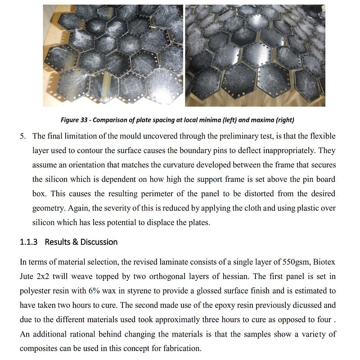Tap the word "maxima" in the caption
click(x=264, y=120)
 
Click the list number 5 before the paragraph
click(x=22, y=136)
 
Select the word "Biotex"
click(x=323, y=262)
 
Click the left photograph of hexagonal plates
click(x=113, y=55)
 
